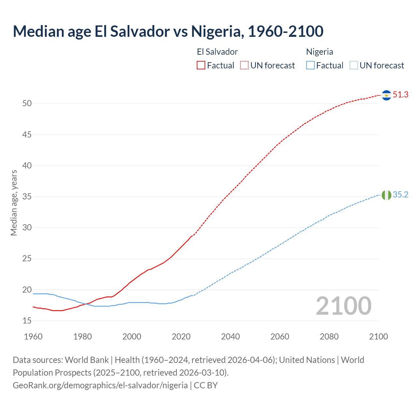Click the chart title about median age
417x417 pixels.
tap(168, 31)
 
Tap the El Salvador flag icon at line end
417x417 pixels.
tap(386, 95)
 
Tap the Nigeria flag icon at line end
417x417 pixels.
tap(386, 195)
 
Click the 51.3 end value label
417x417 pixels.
tap(400, 95)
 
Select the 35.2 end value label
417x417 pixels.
tap(400, 195)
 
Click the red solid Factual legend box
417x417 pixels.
tap(201, 65)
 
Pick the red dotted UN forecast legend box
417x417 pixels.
tap(244, 65)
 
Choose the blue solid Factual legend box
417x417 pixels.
tap(310, 65)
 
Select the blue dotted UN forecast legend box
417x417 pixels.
tap(353, 65)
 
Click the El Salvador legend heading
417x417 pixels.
tap(217, 52)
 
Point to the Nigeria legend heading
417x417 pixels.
tap(319, 52)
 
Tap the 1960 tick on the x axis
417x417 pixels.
tap(33, 337)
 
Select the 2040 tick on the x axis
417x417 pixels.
tap(230, 337)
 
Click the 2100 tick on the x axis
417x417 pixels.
tap(378, 337)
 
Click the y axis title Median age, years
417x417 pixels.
tap(14, 203)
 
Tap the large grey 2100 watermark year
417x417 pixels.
tap(343, 306)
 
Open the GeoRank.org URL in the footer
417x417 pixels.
tap(100, 385)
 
